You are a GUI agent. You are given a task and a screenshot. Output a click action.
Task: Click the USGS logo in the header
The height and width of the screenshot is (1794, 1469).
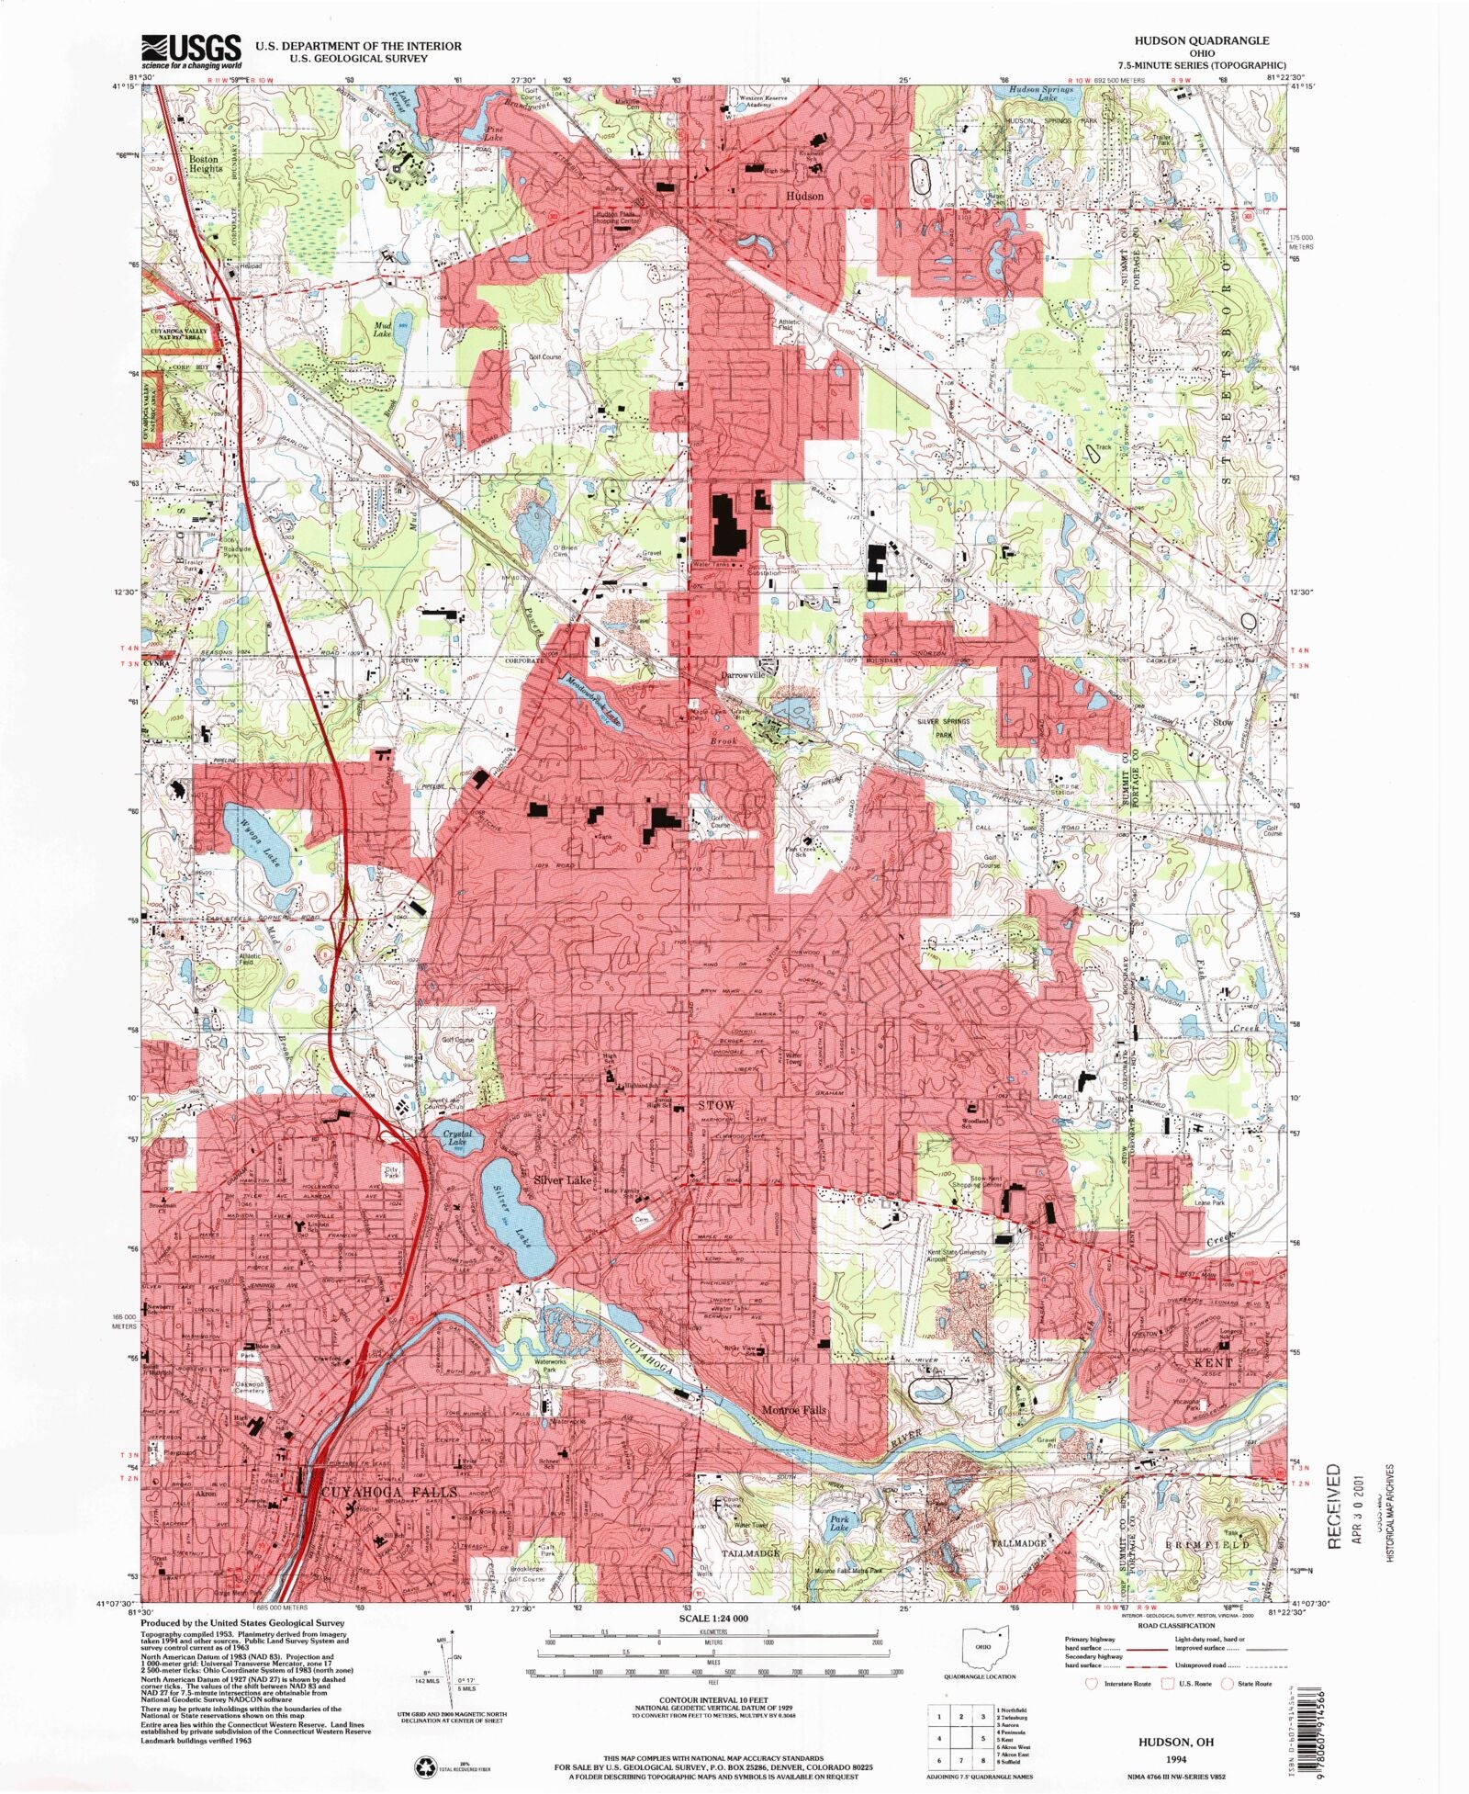point(191,51)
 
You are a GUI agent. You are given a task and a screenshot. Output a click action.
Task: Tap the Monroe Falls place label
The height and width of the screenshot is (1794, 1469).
point(794,1409)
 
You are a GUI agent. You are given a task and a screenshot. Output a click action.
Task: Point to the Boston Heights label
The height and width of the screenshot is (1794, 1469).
point(205,164)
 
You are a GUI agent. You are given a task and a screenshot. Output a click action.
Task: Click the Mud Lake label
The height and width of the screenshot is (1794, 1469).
point(382,330)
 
